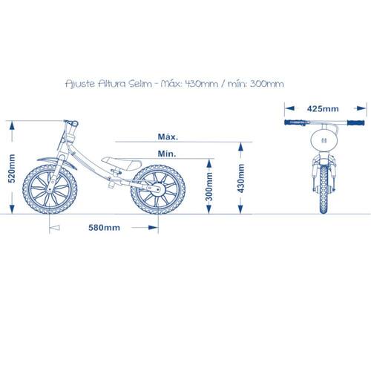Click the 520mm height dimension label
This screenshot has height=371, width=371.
pos(12,168)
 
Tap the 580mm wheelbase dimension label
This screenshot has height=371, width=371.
pos(104,228)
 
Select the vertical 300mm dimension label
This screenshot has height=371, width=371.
pos(209,186)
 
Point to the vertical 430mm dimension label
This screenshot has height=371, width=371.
pos(241,178)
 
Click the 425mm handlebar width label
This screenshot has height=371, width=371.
pos(323,108)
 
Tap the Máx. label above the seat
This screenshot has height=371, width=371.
pos(168,137)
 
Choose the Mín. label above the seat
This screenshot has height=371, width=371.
pos(167,154)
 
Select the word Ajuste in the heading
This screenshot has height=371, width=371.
pos(80,85)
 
